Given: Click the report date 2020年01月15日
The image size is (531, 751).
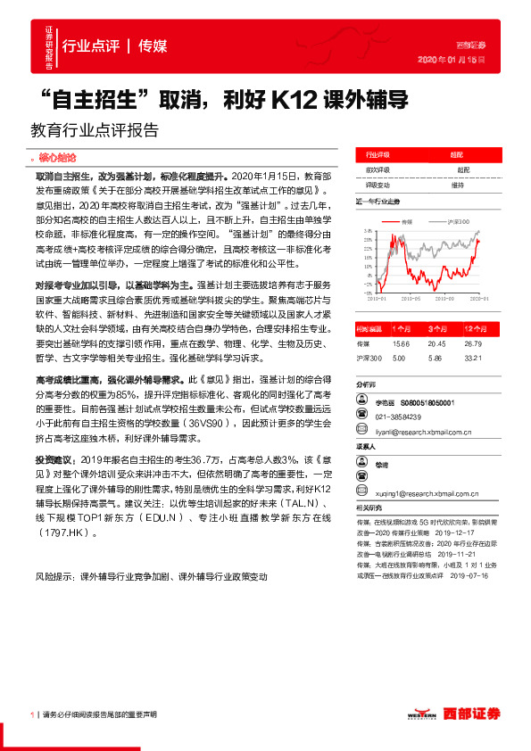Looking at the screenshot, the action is pos(458,59).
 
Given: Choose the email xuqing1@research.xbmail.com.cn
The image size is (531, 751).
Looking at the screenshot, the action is pos(429,491).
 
